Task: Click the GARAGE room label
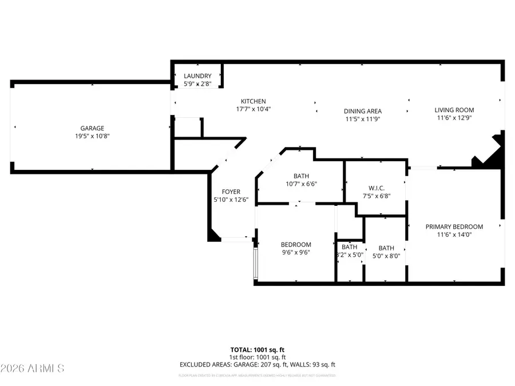coord(92,128)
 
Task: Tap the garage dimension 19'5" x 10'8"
coord(92,136)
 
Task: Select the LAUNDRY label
coord(197,76)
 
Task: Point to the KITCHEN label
coord(253,101)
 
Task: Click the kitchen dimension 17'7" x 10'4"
coord(253,109)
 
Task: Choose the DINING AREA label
coord(362,112)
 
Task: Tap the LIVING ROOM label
coord(454,110)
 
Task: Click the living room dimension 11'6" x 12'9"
coord(454,118)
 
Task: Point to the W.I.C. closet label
coord(375,188)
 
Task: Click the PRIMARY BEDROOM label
coord(454,226)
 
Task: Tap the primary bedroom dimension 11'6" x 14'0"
coord(454,234)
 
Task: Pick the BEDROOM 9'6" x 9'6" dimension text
coord(296,253)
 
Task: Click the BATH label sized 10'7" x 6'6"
coord(302,176)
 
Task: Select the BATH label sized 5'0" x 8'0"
coord(386,248)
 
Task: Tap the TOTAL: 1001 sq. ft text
coord(257,349)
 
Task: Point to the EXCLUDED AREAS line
coord(257,364)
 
